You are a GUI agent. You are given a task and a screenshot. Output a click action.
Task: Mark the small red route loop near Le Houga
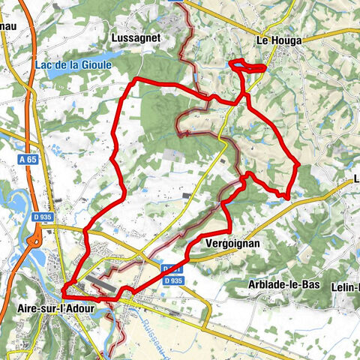point(247,67)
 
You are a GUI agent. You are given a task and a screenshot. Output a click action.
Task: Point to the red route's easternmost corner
point(299,164)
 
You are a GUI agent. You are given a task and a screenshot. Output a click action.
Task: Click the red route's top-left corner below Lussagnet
point(135,79)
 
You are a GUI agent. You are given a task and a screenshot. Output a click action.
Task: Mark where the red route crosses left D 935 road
point(85,229)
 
